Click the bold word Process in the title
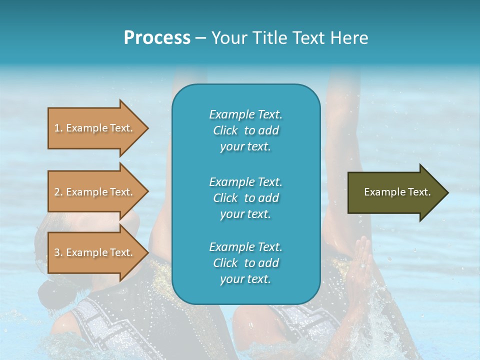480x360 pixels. [x=157, y=37]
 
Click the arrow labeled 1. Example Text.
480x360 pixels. [x=95, y=128]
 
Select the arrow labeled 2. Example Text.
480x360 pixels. [x=95, y=192]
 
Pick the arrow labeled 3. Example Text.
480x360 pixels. [x=95, y=252]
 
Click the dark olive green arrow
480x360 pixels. [x=395, y=192]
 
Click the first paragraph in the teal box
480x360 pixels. [x=245, y=130]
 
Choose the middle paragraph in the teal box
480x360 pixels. [x=245, y=198]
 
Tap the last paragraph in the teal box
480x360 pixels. [x=245, y=263]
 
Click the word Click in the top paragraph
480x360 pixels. [x=225, y=130]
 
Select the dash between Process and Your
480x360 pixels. [x=201, y=38]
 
